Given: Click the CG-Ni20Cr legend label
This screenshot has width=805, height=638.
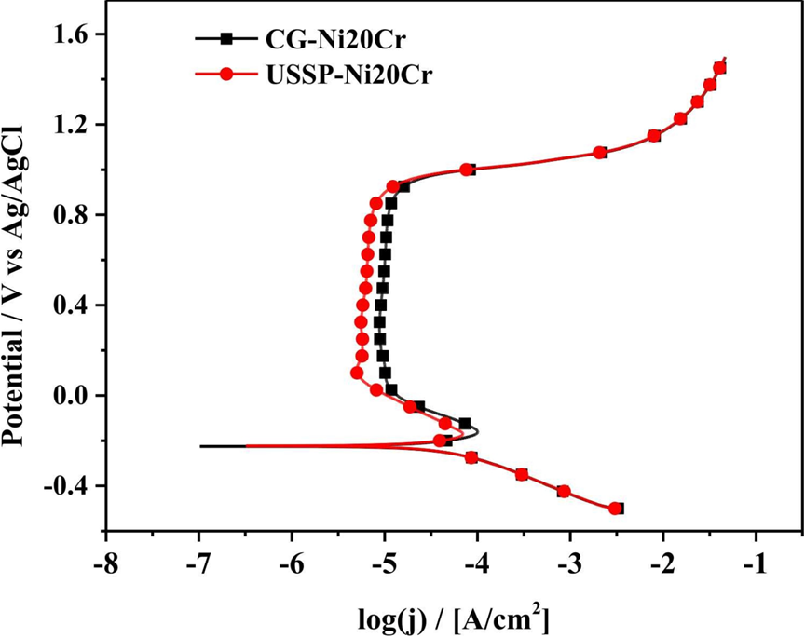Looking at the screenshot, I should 336,39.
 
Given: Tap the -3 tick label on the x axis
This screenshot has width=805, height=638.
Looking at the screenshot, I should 570,563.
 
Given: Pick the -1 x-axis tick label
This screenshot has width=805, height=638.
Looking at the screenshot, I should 756,563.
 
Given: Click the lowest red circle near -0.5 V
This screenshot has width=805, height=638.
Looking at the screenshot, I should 615,509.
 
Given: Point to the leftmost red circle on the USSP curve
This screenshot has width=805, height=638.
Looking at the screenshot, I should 357,373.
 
